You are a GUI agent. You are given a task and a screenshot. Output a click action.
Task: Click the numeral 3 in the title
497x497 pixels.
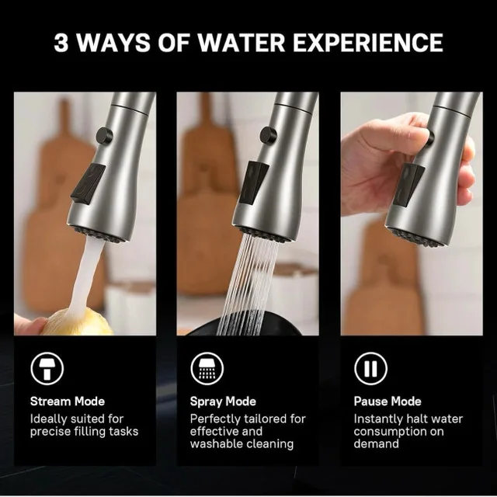(62, 42)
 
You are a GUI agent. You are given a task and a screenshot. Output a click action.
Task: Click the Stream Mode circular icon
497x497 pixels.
(47, 370)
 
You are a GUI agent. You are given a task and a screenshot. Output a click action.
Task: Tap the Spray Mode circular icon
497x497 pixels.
(207, 370)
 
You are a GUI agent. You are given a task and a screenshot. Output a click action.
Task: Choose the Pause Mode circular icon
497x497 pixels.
(371, 370)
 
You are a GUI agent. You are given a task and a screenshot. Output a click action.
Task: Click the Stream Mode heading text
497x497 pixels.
(67, 401)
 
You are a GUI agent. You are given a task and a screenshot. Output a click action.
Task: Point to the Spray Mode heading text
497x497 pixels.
(223, 401)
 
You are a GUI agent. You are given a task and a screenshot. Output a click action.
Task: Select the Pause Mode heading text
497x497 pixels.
(388, 401)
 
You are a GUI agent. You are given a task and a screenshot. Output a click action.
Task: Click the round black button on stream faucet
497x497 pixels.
(104, 136)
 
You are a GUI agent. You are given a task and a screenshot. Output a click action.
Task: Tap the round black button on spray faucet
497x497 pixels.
(268, 134)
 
